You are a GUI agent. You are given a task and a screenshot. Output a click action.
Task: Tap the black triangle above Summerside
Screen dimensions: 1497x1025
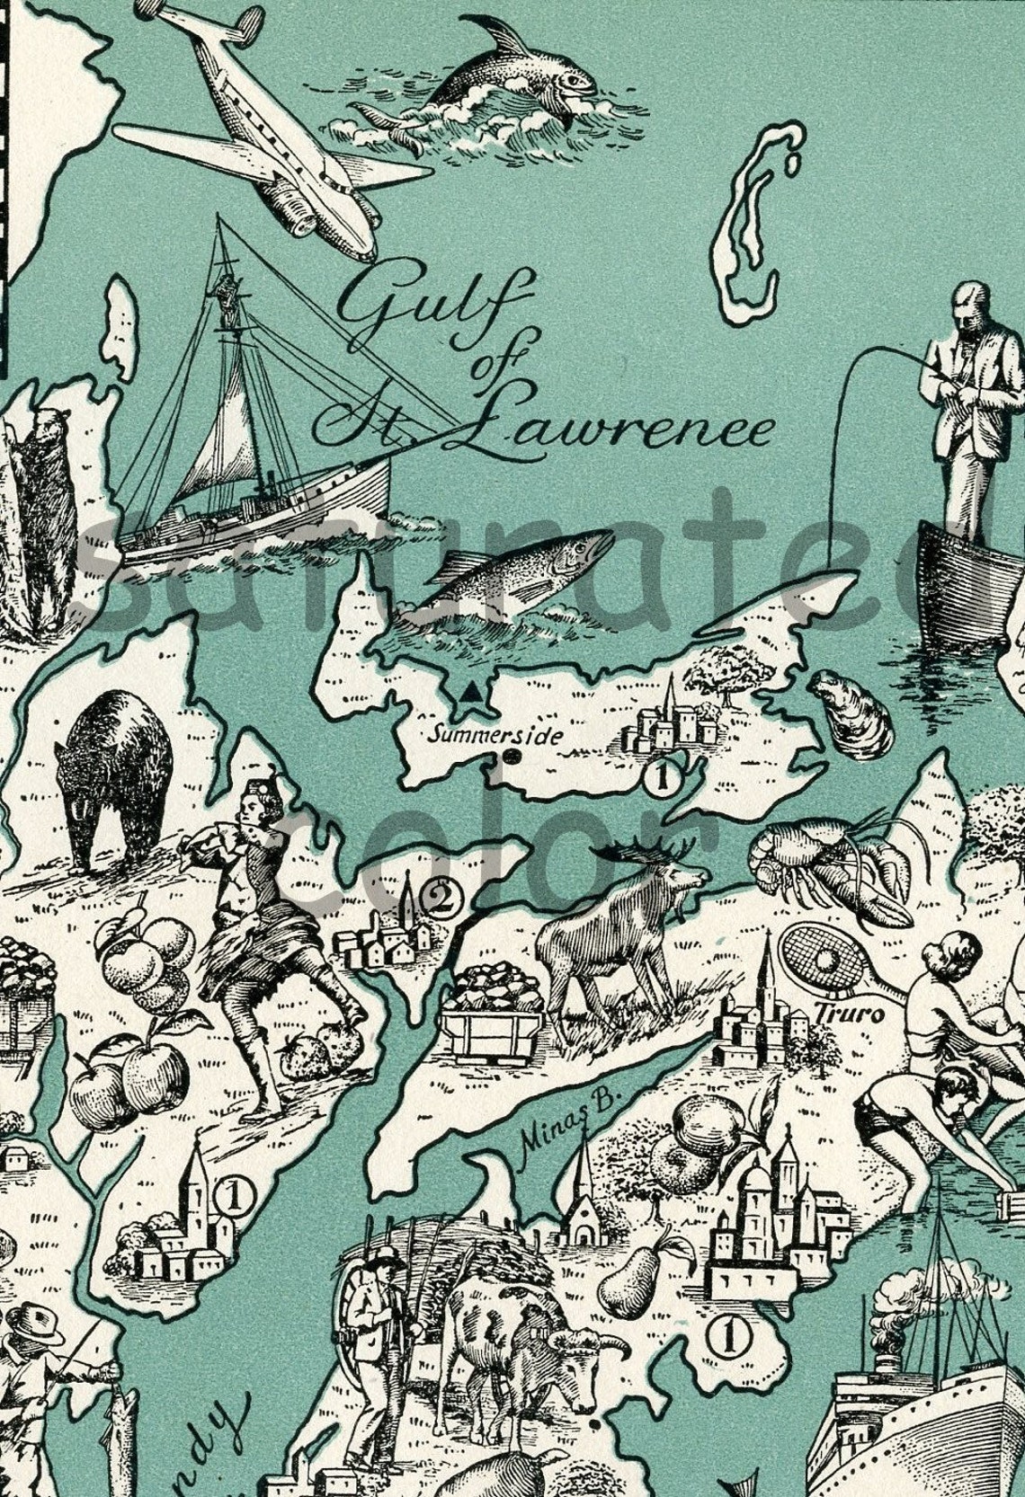point(468,693)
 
